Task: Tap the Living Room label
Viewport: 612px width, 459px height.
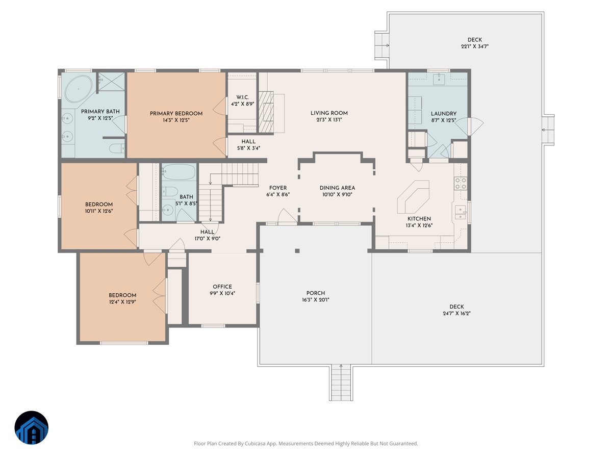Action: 329,113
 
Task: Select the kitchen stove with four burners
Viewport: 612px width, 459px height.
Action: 461,184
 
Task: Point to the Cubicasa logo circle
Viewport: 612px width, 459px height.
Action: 32,428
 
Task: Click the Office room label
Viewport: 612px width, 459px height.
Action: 222,287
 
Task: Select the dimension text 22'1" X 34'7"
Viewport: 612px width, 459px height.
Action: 474,46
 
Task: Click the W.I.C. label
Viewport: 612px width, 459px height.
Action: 242,97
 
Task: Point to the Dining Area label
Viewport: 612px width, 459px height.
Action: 337,188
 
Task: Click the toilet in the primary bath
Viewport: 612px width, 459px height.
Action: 117,149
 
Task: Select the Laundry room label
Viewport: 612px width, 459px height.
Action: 443,114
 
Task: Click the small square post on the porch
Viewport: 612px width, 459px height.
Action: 297,250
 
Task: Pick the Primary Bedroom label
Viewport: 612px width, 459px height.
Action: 176,113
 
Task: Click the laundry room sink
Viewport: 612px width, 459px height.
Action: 439,79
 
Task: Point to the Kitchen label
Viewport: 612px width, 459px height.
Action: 419,219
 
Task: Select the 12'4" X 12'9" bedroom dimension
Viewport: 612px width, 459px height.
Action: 122,301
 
